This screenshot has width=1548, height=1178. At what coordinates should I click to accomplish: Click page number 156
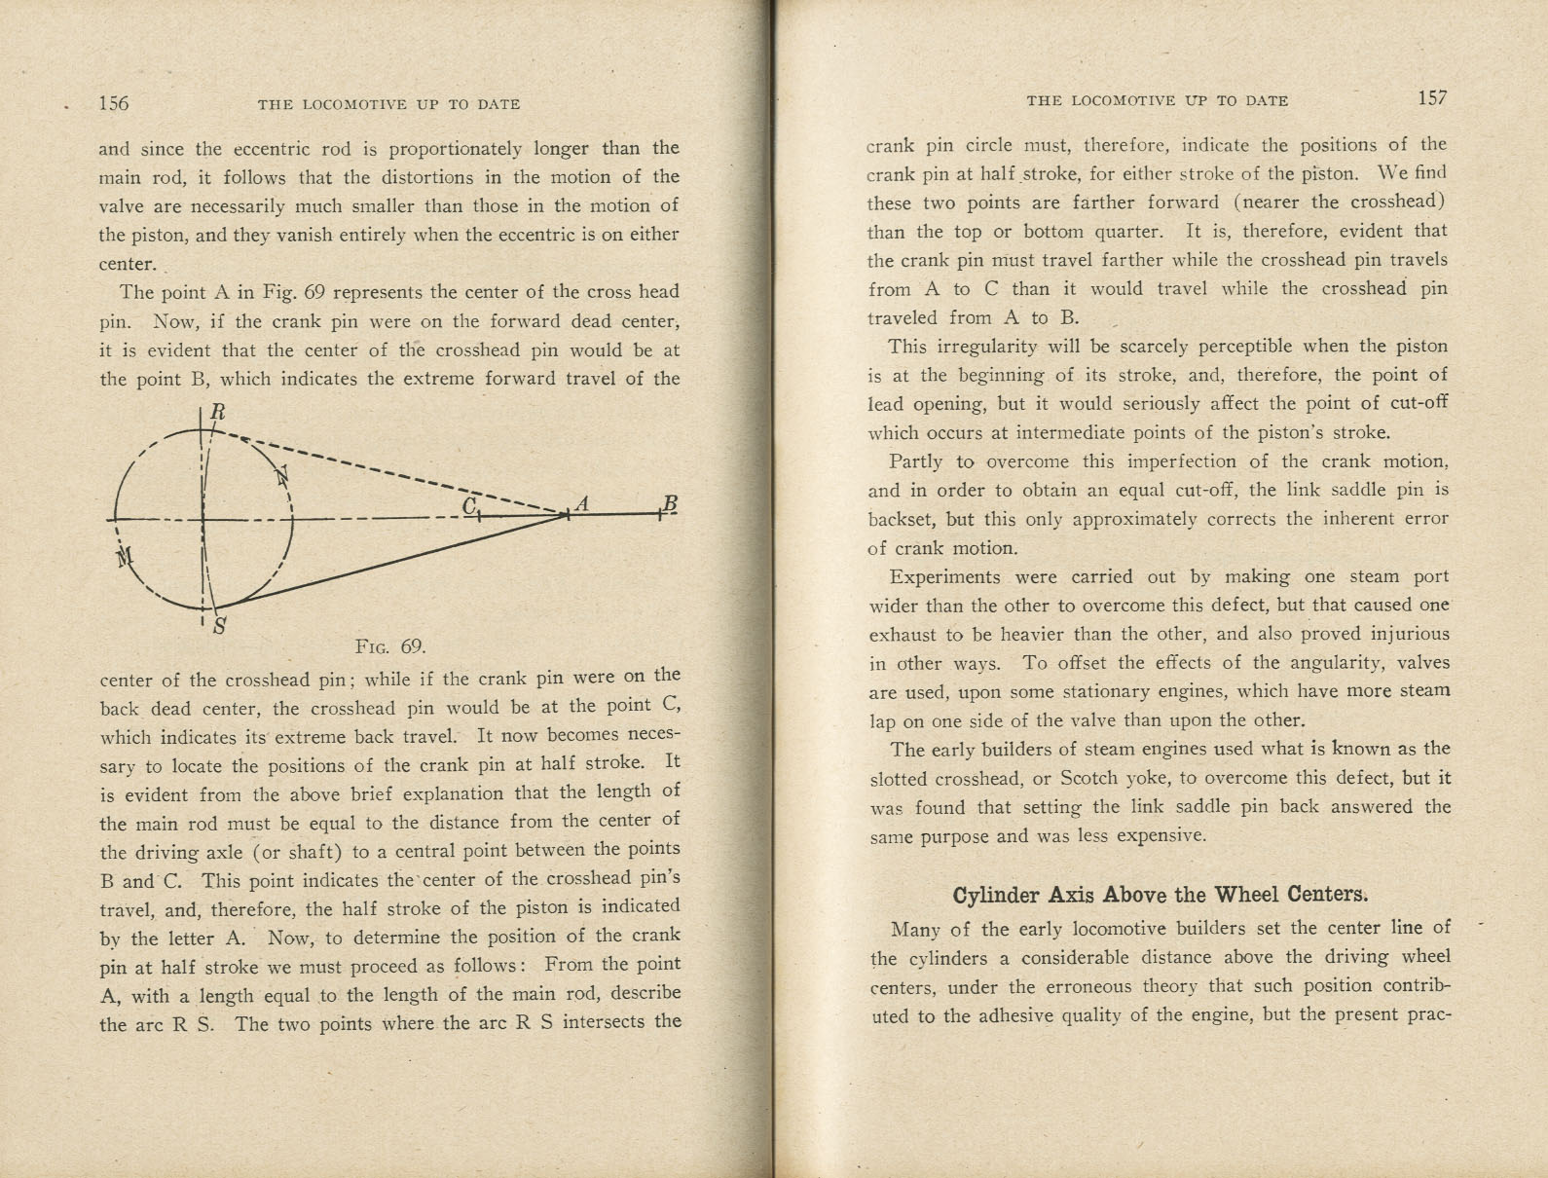[x=113, y=103]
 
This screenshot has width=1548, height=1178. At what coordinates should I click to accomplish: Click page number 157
[x=1432, y=97]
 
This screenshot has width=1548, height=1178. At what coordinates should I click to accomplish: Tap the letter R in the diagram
[x=217, y=412]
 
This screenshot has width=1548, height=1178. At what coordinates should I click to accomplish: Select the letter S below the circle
[x=220, y=626]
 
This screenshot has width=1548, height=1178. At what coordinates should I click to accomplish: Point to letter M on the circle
[x=124, y=558]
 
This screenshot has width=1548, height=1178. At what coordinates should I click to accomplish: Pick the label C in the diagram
[x=469, y=505]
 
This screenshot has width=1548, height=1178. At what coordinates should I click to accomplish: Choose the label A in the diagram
[x=583, y=503]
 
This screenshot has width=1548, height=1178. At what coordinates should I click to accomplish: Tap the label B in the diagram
[x=669, y=502]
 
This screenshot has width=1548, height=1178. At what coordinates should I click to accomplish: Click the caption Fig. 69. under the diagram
[x=390, y=646]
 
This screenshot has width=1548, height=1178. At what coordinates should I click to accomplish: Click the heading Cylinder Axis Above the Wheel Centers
[x=1160, y=895]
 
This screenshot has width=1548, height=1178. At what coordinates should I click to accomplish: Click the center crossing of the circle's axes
[x=203, y=520]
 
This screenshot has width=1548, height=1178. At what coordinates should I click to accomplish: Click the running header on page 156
[x=388, y=104]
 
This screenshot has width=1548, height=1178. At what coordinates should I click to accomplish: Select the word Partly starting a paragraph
[x=916, y=461]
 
